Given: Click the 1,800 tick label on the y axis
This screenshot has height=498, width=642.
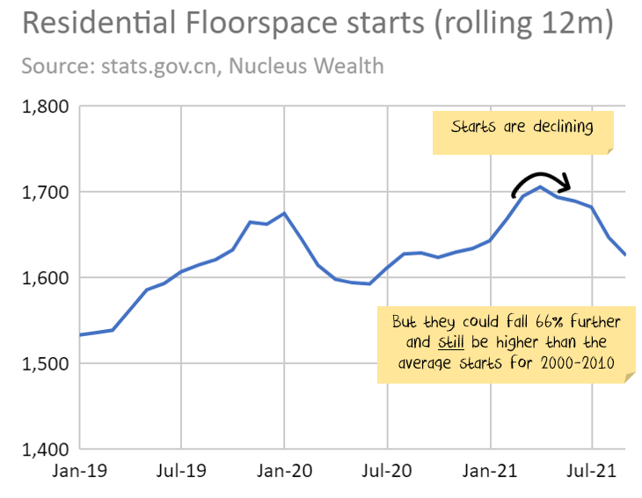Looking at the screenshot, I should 44,107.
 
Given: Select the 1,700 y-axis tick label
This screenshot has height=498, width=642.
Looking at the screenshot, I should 44,193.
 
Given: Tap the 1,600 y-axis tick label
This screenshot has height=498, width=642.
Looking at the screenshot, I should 44,278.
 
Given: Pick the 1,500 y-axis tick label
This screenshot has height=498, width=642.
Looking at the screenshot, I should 44,363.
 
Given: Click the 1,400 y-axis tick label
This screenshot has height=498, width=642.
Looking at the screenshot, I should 44,449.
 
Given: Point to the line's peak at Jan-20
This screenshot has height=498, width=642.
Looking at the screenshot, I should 284,213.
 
